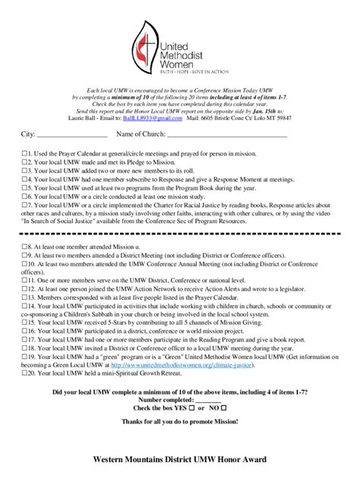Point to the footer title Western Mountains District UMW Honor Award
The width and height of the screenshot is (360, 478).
(x=179, y=460)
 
